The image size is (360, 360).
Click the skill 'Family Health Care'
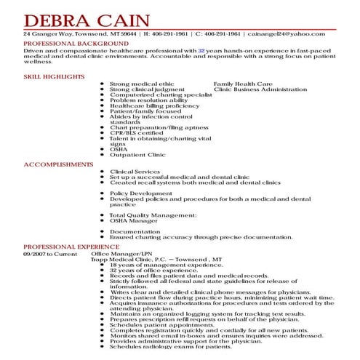click(240, 84)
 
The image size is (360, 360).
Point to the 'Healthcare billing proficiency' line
click(153, 105)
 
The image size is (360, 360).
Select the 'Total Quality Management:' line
click(152, 215)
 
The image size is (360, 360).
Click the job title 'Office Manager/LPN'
click(127, 255)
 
